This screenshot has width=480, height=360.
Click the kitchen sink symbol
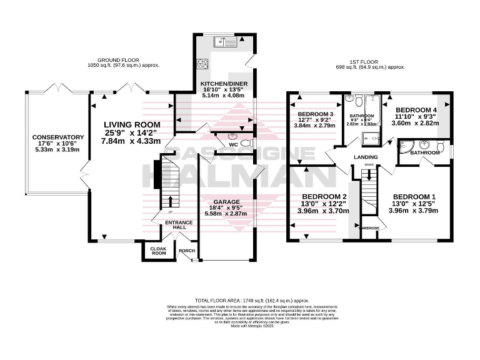tap(223, 42)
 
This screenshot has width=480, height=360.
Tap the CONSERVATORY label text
tap(58, 137)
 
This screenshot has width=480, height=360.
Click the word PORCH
tap(187, 251)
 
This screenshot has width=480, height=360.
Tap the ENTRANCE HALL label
tap(176, 224)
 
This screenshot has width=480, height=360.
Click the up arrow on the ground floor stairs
tap(166, 201)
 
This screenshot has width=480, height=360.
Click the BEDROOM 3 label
tap(314, 114)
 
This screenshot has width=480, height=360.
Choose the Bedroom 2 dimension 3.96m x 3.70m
tap(315, 211)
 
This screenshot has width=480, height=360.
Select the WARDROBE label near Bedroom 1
tap(371, 228)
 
